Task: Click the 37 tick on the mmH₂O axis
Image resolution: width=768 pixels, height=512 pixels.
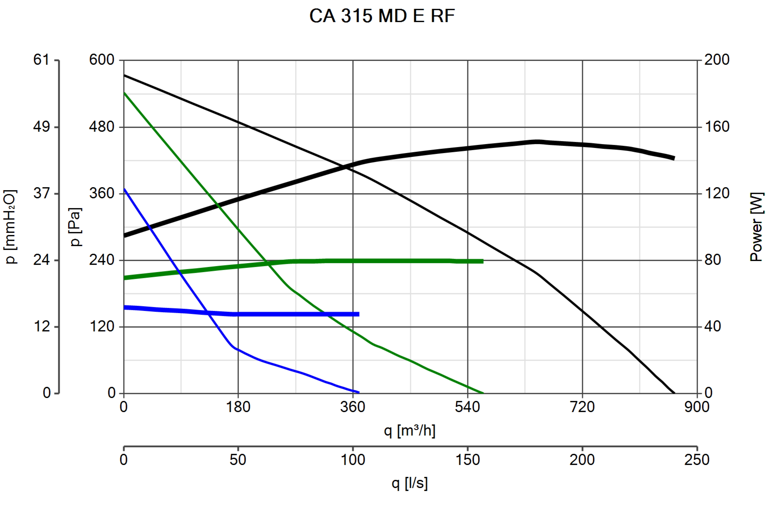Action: tap(41, 193)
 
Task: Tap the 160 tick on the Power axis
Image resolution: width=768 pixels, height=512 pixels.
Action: tap(716, 127)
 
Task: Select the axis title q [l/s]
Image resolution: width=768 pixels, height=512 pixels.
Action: tap(409, 483)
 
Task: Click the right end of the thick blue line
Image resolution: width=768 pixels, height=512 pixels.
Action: tap(359, 314)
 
